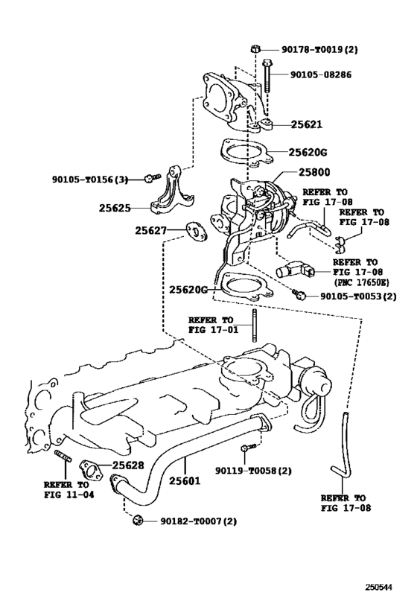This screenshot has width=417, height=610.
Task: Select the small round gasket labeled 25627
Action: tap(196, 232)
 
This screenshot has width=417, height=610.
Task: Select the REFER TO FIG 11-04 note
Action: tap(69, 489)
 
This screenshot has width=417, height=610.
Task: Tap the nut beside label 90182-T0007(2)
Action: tap(137, 520)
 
